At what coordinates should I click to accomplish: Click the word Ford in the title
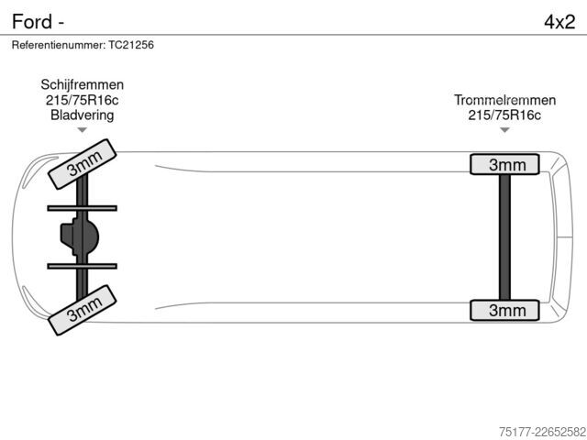point(32,21)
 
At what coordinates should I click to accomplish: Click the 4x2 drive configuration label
point(559,22)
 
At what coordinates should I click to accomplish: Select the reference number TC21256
point(131,45)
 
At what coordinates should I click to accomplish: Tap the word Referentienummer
point(59,45)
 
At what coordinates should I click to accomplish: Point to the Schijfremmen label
point(83,84)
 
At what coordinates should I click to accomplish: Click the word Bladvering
point(83,115)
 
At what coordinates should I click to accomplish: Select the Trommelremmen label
point(504,100)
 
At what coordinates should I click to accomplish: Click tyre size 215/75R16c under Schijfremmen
point(83,100)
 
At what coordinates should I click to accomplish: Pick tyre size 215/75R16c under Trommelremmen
point(504,115)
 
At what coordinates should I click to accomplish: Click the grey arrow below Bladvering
point(82,130)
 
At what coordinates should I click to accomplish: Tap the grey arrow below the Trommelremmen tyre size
point(504,130)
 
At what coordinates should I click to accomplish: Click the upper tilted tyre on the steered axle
point(83,164)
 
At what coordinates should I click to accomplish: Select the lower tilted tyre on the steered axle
point(83,310)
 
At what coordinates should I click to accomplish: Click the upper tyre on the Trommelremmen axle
point(504,164)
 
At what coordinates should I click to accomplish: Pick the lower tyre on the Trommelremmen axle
point(504,310)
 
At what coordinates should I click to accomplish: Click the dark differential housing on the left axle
point(80,236)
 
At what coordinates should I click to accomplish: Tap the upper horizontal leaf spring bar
point(82,208)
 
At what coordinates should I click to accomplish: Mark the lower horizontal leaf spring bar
point(82,267)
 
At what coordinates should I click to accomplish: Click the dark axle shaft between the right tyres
point(504,237)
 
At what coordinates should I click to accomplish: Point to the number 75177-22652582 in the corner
point(542,432)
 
